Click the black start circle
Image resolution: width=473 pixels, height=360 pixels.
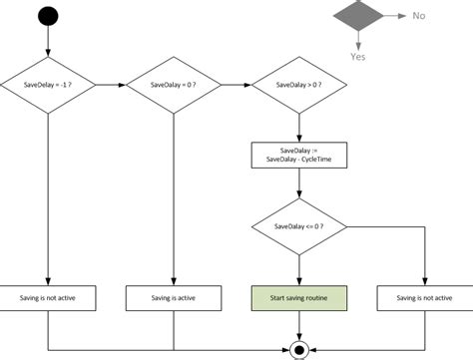(48, 17)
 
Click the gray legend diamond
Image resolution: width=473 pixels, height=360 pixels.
(357, 17)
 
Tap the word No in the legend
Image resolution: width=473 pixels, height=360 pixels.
(419, 17)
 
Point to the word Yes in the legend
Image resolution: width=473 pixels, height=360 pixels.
(357, 58)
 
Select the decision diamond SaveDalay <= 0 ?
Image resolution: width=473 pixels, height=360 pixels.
(297, 227)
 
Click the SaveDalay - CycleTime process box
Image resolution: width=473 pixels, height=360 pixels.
(297, 157)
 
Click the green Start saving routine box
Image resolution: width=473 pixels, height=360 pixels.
(297, 298)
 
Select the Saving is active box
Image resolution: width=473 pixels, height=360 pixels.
(174, 298)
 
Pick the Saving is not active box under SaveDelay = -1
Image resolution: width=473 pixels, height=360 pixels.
(48, 298)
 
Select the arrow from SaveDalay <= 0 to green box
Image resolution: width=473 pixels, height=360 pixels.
(297, 269)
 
